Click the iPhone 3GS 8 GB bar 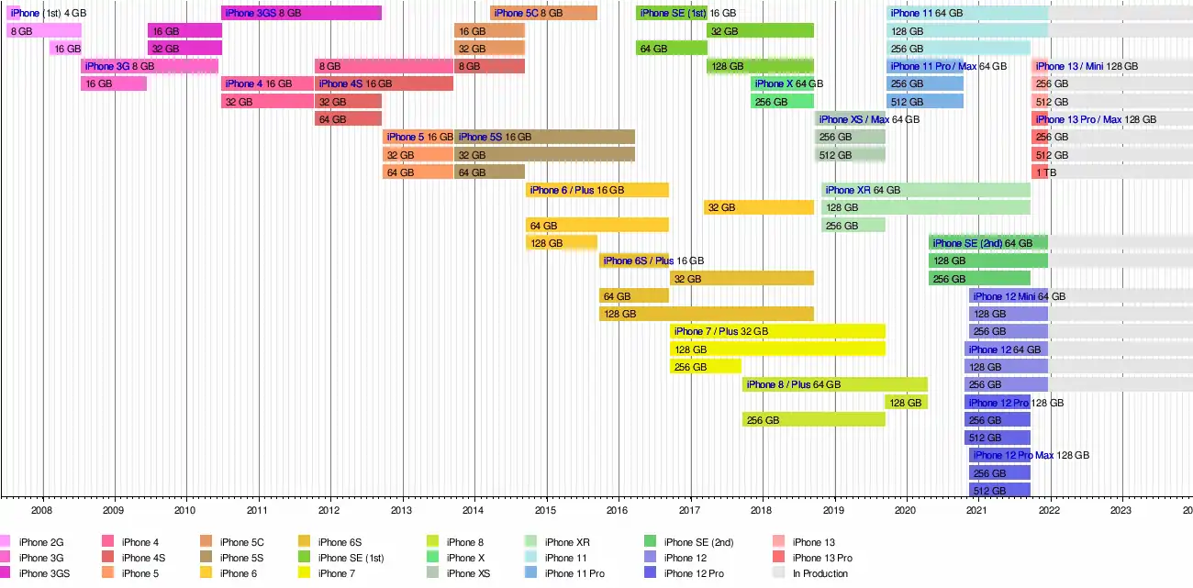coord(301,13)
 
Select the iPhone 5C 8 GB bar coord(544,13)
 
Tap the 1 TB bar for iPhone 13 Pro coord(1040,172)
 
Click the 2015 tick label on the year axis coord(545,510)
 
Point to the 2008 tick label coord(41,510)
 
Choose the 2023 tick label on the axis coord(1121,510)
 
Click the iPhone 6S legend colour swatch coord(304,541)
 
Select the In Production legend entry coord(809,573)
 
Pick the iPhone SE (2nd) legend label coord(698,542)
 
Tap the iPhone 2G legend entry coord(32,542)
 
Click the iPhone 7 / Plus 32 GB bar coord(777,332)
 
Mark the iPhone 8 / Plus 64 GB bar coord(835,384)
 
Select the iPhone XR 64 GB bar coord(926,190)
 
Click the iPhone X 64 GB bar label coord(789,83)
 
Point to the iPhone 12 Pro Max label coord(1013,455)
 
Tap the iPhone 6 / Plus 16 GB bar coord(597,190)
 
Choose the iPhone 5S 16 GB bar coord(544,137)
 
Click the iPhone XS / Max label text coord(854,119)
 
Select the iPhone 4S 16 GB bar coord(384,83)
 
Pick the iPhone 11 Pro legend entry coord(564,573)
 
